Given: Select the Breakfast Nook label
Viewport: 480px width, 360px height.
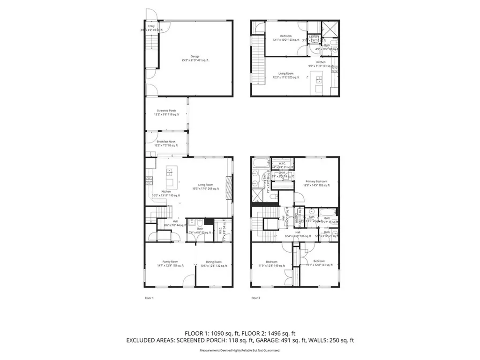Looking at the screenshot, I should [x=166, y=143].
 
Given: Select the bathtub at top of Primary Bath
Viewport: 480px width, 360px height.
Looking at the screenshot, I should [x=259, y=164].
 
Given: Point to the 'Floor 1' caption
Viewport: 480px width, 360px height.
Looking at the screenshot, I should [x=149, y=298].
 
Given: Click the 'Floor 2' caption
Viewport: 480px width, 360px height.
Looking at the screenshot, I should [x=255, y=298].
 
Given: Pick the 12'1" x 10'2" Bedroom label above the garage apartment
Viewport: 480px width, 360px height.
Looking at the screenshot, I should [x=286, y=38].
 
